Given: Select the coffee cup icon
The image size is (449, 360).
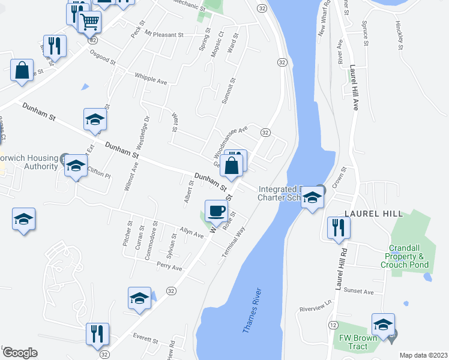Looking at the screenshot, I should pyautogui.click(x=216, y=211).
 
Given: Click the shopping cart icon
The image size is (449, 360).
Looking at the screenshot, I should pyautogui.click(x=89, y=22).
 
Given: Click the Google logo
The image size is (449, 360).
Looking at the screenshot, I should pyautogui.click(x=20, y=353).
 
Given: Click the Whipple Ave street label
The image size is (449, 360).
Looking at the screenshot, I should pyautogui.click(x=151, y=79).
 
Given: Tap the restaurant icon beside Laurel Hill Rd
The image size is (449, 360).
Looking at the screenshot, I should pyautogui.click(x=338, y=228).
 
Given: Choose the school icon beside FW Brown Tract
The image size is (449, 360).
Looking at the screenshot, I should pyautogui.click(x=382, y=325).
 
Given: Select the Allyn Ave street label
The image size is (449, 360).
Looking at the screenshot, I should pyautogui.click(x=191, y=231).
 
